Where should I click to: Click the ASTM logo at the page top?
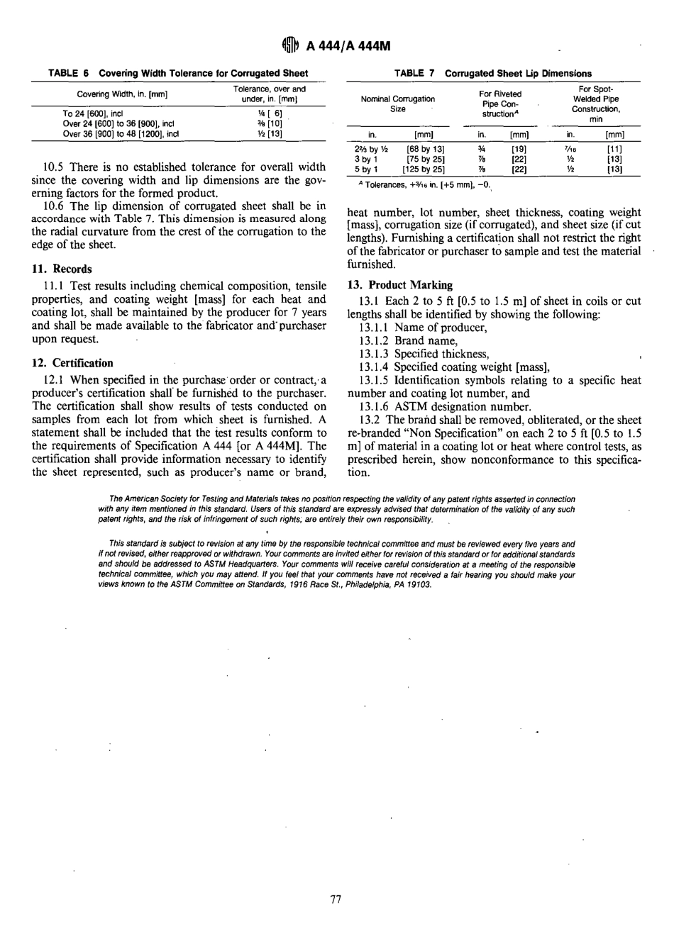(x=292, y=48)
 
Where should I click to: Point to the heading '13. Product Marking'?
(x=399, y=284)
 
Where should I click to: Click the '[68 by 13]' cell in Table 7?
(x=424, y=150)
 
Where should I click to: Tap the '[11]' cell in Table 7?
(x=614, y=150)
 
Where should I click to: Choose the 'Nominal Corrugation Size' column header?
(x=398, y=104)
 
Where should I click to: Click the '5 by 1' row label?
(x=366, y=169)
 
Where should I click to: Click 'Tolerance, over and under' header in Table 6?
(x=270, y=94)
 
